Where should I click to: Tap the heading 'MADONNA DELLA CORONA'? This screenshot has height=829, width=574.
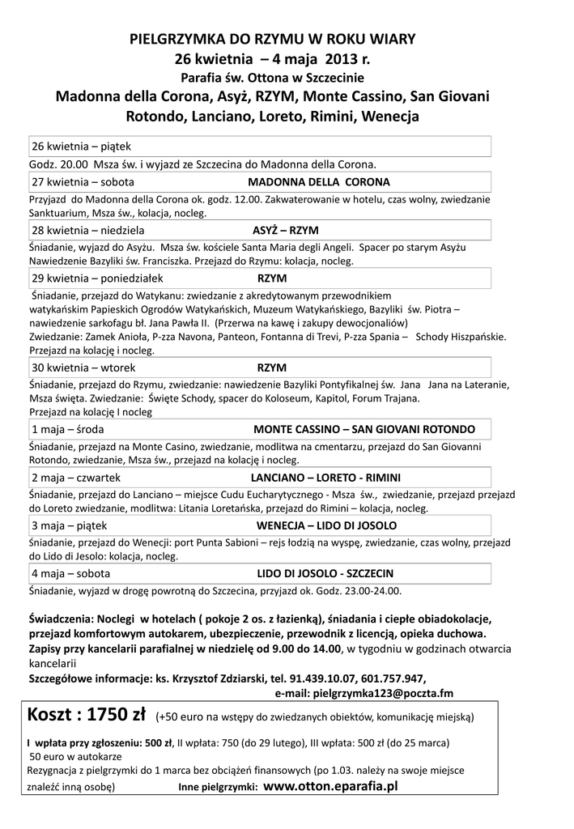(318, 182)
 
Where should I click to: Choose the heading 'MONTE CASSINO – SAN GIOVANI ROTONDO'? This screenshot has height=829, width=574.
(364, 428)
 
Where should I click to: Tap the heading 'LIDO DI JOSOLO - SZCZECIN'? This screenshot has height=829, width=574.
(325, 572)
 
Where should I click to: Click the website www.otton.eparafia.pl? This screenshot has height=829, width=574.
(332, 785)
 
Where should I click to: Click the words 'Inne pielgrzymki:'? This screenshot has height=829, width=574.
(218, 787)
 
